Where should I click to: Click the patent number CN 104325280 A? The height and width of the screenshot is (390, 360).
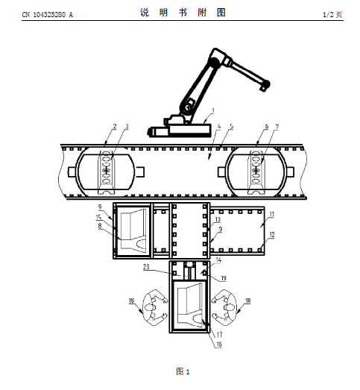[48, 15]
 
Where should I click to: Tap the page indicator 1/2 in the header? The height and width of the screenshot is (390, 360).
[328, 14]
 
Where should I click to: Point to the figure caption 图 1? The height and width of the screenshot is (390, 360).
[183, 372]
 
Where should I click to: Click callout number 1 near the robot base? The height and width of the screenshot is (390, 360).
[213, 110]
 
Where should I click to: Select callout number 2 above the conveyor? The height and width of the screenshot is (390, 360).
[115, 126]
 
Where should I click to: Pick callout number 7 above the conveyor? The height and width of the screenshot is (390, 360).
[277, 127]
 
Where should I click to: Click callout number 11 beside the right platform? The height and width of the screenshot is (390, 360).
[272, 215]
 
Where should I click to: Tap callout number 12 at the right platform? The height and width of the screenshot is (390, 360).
[272, 234]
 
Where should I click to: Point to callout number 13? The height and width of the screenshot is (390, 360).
[218, 219]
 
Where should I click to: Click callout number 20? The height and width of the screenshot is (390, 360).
[146, 267]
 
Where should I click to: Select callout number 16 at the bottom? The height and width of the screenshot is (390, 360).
[219, 345]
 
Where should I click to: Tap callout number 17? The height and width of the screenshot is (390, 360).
[219, 335]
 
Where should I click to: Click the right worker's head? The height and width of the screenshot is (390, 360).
[229, 308]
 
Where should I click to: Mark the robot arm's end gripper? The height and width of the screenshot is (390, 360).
[264, 85]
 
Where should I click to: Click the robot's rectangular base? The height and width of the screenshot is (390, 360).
[190, 130]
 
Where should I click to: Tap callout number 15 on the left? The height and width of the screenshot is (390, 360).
[98, 217]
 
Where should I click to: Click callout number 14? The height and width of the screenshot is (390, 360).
[218, 260]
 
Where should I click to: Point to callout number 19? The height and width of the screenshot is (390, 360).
[224, 278]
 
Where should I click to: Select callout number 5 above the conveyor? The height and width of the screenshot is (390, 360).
[232, 126]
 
